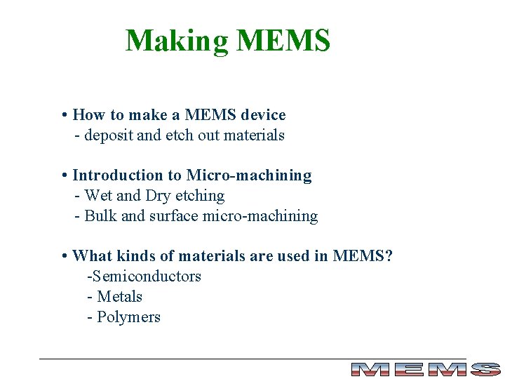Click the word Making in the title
coord(177,41)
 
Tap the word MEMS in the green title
coord(283,41)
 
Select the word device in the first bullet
coord(263,114)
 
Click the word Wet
coord(98,196)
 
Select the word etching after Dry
coord(201,196)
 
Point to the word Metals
coord(120,297)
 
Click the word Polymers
coord(129,317)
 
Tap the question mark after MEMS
coord(389,256)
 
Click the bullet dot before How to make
coord(64,115)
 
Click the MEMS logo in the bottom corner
coord(425,369)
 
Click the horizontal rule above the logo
coord(252,359)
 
